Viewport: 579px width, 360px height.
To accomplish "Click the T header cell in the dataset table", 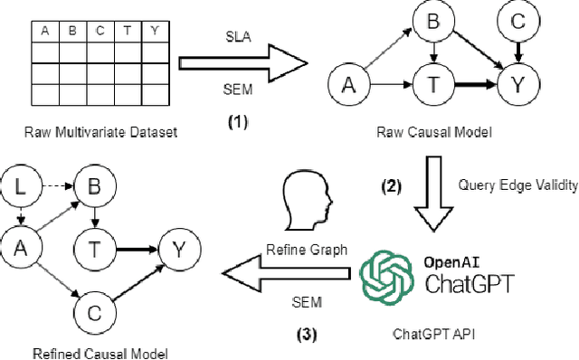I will [x=126, y=32].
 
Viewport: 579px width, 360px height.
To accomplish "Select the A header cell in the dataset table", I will [x=43, y=32].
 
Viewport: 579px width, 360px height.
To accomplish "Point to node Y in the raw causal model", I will [x=517, y=87].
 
